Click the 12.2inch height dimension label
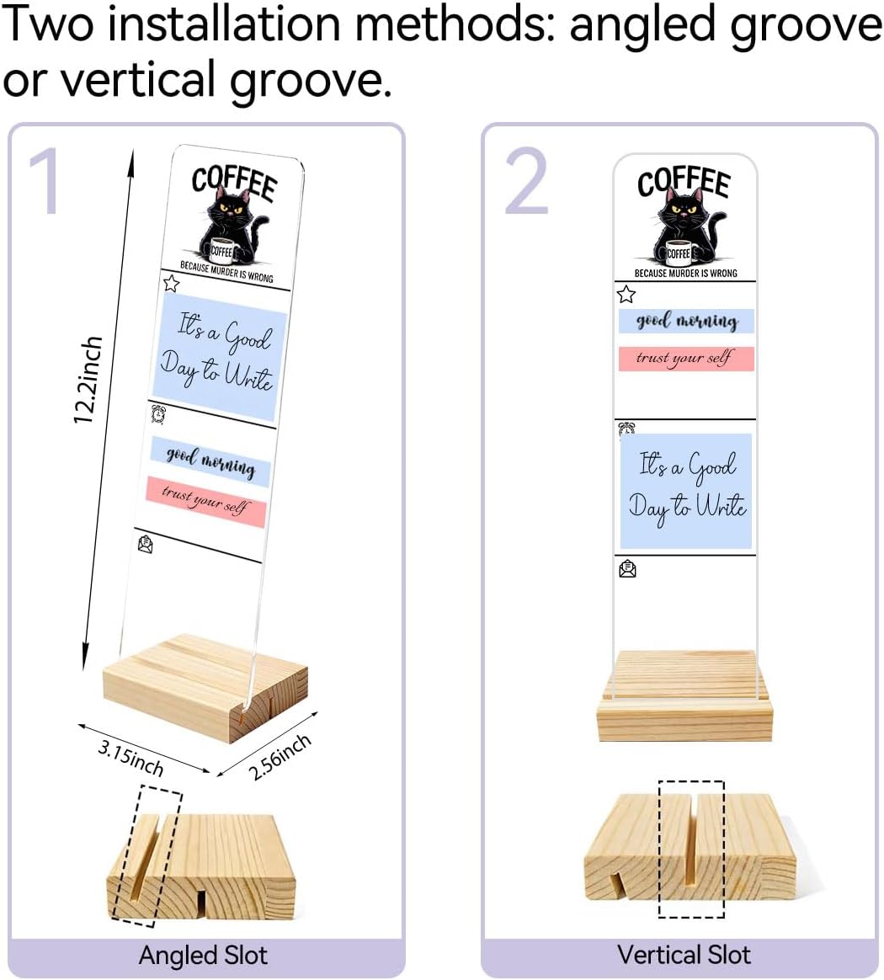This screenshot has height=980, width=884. point(88,380)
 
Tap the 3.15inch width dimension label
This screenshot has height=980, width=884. point(131,758)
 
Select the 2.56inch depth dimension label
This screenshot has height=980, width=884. point(280,757)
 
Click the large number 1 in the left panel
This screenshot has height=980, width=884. point(45,181)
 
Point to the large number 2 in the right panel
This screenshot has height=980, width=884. point(526,181)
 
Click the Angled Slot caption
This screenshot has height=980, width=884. point(203,956)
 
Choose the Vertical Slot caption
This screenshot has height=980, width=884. point(684,955)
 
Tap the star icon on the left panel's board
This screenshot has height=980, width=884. point(171,284)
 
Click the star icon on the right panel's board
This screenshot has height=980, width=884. point(626,294)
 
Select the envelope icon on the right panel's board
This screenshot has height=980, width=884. point(627,569)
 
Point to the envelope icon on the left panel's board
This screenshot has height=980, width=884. point(146,545)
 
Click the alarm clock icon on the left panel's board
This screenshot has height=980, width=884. point(159,413)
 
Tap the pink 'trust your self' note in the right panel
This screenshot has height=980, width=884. point(686,359)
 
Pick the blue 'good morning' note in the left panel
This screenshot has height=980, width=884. point(210,461)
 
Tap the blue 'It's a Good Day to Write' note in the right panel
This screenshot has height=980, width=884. point(686,491)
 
